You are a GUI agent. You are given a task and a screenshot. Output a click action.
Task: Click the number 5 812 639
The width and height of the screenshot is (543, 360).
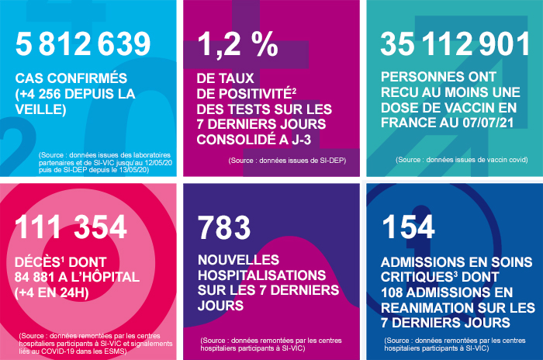83,44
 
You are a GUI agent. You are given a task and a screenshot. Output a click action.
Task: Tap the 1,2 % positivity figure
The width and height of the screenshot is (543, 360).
237,44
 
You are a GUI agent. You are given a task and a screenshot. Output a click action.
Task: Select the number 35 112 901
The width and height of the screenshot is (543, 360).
455,44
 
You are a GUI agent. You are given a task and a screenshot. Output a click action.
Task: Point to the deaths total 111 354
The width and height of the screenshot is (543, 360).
71,227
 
